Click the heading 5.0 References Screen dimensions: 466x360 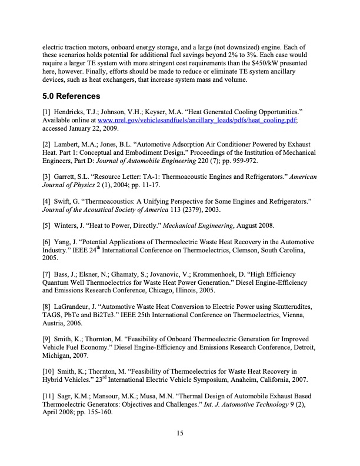click(71, 95)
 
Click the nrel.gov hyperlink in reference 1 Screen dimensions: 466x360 click(197, 120)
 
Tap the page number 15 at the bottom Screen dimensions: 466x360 click(181, 434)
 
